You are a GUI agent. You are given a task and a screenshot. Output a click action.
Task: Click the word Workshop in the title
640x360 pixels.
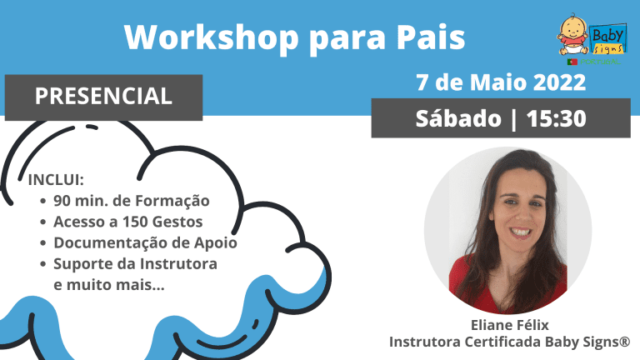[212, 37]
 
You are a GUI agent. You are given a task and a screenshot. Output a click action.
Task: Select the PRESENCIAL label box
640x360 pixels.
[103, 97]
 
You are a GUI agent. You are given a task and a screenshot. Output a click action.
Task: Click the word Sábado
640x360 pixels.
[458, 118]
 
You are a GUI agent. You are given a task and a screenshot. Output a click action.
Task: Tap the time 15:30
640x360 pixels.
[557, 119]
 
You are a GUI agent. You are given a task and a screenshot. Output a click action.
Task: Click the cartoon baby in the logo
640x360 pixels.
[573, 35]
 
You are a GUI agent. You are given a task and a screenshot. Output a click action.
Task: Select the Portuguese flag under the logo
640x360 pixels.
[572, 62]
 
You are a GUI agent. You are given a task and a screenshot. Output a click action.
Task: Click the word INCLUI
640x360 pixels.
[56, 180]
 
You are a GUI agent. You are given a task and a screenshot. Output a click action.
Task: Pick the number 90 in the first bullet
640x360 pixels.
[62, 201]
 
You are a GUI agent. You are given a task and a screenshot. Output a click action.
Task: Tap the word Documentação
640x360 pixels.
[110, 243]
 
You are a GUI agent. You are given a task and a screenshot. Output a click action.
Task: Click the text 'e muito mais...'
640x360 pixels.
[109, 285]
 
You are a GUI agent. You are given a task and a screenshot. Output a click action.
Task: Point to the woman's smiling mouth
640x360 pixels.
[521, 232]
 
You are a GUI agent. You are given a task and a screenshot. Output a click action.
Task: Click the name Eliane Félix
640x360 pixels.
[510, 325]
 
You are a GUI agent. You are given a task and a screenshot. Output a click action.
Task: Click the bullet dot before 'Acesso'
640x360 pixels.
[43, 222]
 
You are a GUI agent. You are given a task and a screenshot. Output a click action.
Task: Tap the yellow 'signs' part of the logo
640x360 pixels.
[608, 49]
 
